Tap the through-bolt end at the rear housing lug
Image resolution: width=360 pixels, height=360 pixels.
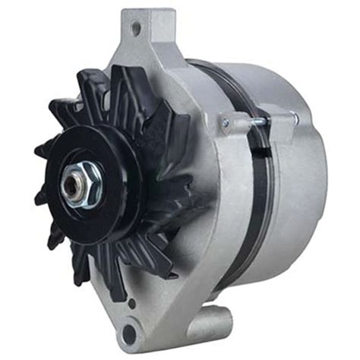292,116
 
